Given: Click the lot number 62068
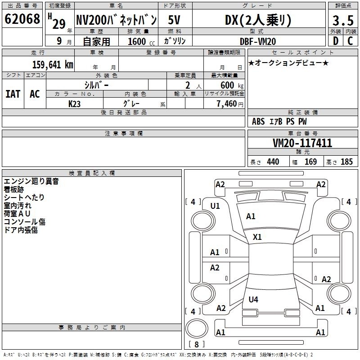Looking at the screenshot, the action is (22, 19).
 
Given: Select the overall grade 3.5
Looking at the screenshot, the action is (343, 20).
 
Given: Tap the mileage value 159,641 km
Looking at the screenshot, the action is (53, 64).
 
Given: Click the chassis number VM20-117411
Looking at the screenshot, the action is (302, 143).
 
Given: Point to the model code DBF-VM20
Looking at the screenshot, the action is (258, 41).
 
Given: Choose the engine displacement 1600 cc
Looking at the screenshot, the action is (141, 41).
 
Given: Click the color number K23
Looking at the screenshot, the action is (74, 104).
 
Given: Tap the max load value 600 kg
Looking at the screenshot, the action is (232, 85).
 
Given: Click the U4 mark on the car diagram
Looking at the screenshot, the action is (253, 299).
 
